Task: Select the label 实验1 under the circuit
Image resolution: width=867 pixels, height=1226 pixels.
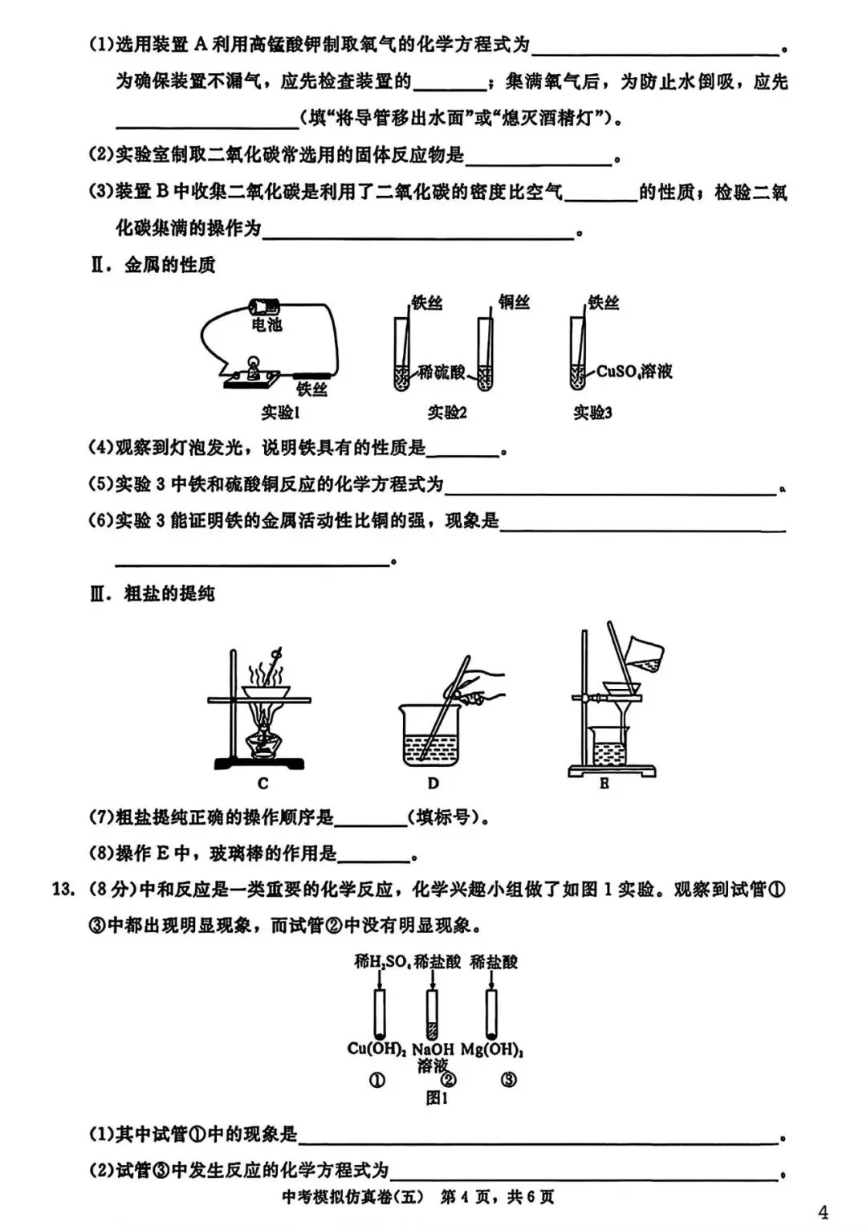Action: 280,413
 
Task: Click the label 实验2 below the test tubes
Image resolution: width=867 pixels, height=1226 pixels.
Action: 447,413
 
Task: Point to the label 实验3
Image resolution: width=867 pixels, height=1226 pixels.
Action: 592,413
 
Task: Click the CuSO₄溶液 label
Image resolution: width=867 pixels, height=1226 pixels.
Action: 634,372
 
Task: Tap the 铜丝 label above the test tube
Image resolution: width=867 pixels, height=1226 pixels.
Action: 515,302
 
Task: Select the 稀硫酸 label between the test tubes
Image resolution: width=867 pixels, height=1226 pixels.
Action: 442,372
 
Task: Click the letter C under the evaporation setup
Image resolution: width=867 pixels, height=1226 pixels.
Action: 263,784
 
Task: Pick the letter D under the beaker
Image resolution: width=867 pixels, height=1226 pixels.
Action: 433,784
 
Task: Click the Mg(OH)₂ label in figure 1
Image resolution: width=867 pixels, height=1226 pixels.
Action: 492,1049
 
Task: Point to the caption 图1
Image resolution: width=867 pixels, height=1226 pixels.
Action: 437,1098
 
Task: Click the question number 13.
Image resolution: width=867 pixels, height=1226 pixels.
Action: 63,890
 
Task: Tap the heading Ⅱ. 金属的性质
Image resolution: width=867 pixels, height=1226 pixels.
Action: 153,265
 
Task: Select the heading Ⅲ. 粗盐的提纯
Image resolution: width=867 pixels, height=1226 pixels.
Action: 153,594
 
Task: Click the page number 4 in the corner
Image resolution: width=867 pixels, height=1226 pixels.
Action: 823,1212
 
